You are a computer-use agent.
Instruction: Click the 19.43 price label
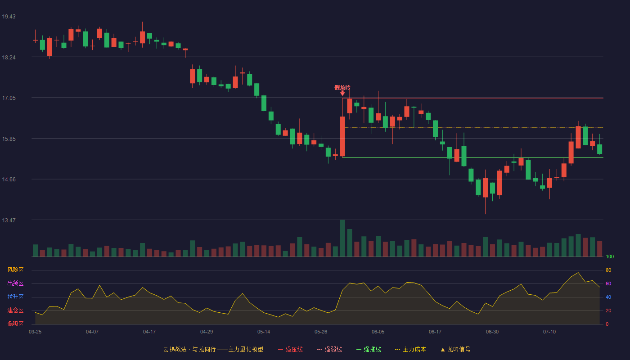click(9, 17)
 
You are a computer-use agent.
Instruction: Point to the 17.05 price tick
click(9, 98)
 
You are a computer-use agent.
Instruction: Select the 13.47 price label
click(9, 220)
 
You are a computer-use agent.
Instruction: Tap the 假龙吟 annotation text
click(342, 87)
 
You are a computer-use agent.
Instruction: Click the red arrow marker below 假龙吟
click(342, 94)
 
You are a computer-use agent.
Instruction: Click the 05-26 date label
click(320, 332)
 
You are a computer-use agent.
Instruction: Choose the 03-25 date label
click(35, 332)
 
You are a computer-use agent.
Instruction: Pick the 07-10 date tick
click(549, 332)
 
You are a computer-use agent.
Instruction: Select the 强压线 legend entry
click(290, 349)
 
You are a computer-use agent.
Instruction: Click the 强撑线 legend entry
click(369, 349)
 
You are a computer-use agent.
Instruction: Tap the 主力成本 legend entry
click(410, 349)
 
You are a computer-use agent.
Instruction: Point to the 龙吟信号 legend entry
click(455, 349)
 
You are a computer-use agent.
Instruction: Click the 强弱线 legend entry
click(329, 349)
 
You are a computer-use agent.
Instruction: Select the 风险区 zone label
click(15, 270)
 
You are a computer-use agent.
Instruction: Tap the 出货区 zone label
click(15, 283)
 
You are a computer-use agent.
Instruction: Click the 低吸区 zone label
click(15, 324)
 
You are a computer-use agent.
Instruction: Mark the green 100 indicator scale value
click(610, 256)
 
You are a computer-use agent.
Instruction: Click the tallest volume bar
click(342, 238)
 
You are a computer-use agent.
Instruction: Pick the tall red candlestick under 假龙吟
click(342, 136)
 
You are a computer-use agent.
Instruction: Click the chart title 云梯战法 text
click(175, 349)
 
